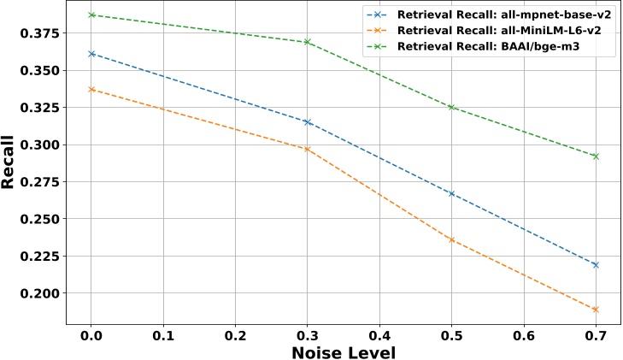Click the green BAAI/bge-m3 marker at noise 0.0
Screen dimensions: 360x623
(91, 15)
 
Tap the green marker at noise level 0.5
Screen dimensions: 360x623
(451, 107)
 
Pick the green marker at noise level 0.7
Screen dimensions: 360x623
(596, 156)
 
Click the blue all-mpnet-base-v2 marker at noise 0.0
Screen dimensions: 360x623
(91, 54)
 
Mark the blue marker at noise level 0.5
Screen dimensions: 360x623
(451, 193)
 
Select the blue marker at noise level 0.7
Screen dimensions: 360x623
(596, 265)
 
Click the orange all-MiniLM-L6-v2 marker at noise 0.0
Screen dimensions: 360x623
(91, 89)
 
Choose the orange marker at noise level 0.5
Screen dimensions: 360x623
(451, 239)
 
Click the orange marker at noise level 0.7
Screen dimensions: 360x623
(596, 310)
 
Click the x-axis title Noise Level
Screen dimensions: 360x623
(344, 351)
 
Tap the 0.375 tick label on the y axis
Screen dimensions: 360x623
(39, 33)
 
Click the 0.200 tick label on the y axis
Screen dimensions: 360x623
(39, 293)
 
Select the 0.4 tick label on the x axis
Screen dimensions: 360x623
(379, 334)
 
